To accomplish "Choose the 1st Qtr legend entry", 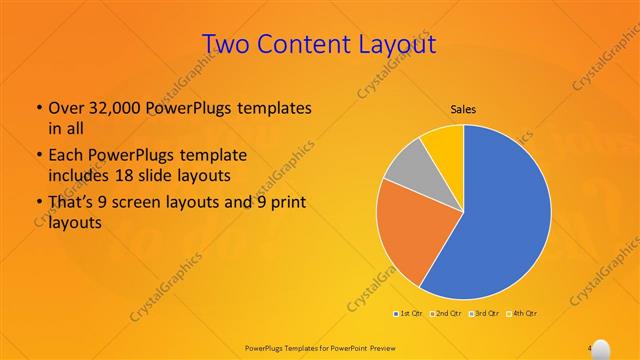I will [x=407, y=314].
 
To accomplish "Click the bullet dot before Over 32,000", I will [x=38, y=108].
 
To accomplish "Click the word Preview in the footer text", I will [x=376, y=347].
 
